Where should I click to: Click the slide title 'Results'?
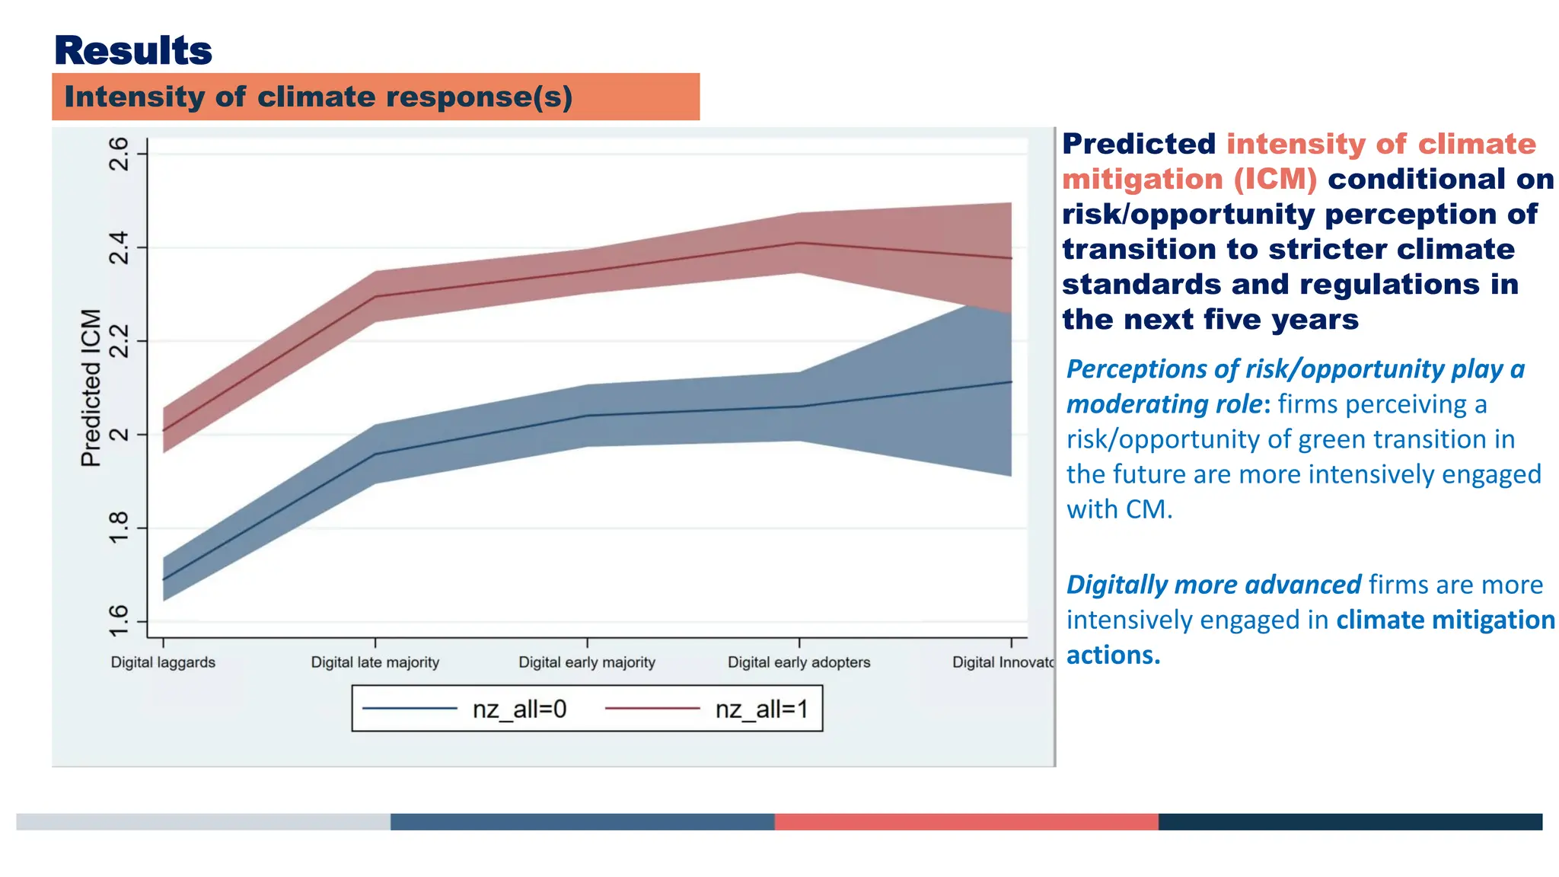[133, 51]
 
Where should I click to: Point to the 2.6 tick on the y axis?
[119, 154]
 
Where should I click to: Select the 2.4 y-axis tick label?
[119, 247]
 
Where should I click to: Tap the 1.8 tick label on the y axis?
[119, 528]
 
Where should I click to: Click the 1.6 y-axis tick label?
[119, 620]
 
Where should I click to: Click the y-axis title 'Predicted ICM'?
[91, 387]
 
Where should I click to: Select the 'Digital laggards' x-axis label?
[163, 662]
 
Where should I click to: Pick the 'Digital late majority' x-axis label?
[375, 662]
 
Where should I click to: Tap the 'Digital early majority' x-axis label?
[586, 662]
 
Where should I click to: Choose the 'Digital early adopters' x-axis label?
[799, 662]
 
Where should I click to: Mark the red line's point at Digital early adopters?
[799, 243]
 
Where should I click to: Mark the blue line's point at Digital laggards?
[164, 580]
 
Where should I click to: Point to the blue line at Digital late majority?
[375, 454]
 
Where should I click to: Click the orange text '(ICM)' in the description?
[1275, 180]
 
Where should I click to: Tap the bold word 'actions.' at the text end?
[1113, 655]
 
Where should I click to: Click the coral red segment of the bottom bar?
[966, 821]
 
